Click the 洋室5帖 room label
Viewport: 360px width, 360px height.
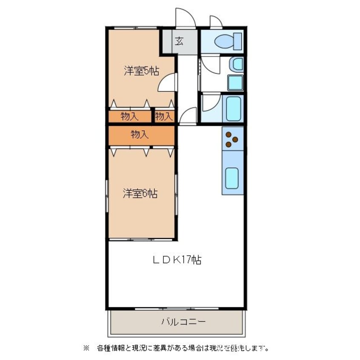[141, 71]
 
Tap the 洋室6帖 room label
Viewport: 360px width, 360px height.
[140, 194]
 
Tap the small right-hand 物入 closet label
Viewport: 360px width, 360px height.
[164, 116]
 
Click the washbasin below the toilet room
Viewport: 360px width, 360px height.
[236, 65]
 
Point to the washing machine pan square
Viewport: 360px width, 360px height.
[235, 82]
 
